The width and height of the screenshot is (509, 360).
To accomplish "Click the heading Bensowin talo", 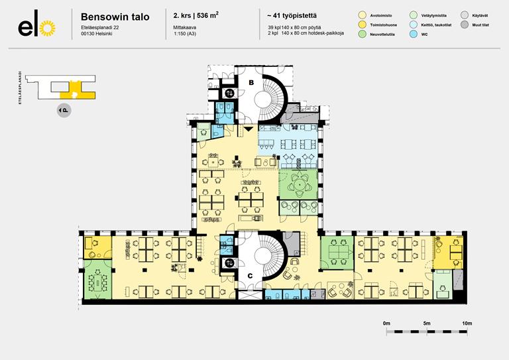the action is pyautogui.click(x=115, y=16).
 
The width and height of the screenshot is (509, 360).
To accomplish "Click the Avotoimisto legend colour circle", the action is pyautogui.click(x=361, y=14).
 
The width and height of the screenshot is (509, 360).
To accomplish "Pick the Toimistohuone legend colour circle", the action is pyautogui.click(x=361, y=25).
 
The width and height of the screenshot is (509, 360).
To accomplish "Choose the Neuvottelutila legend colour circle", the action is pyautogui.click(x=361, y=35).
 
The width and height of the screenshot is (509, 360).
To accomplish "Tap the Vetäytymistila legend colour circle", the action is pyautogui.click(x=414, y=14).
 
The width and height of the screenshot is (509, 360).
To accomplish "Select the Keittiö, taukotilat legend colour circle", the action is pyautogui.click(x=414, y=25).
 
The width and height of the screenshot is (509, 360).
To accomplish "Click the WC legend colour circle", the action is pyautogui.click(x=414, y=35).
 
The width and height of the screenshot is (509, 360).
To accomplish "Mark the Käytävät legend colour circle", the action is pyautogui.click(x=465, y=14).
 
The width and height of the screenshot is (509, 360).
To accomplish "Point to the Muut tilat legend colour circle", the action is pyautogui.click(x=465, y=25).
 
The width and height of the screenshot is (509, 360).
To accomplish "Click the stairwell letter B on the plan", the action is pyautogui.click(x=252, y=82).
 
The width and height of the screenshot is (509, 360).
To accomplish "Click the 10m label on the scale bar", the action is pyautogui.click(x=467, y=323).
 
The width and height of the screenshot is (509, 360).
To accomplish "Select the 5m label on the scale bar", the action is pyautogui.click(x=427, y=323).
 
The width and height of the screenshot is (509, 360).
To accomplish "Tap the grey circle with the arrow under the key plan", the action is pyautogui.click(x=64, y=110).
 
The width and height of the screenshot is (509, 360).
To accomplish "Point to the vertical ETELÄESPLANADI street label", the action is pyautogui.click(x=21, y=88).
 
